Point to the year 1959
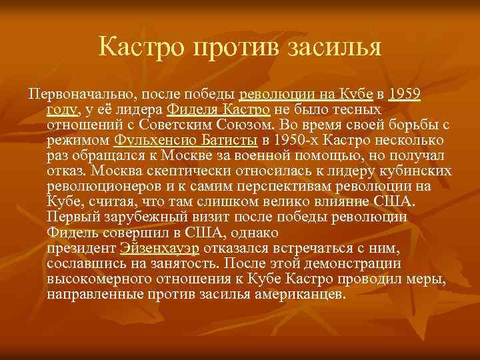click(404, 93)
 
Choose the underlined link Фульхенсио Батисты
click(186, 139)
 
